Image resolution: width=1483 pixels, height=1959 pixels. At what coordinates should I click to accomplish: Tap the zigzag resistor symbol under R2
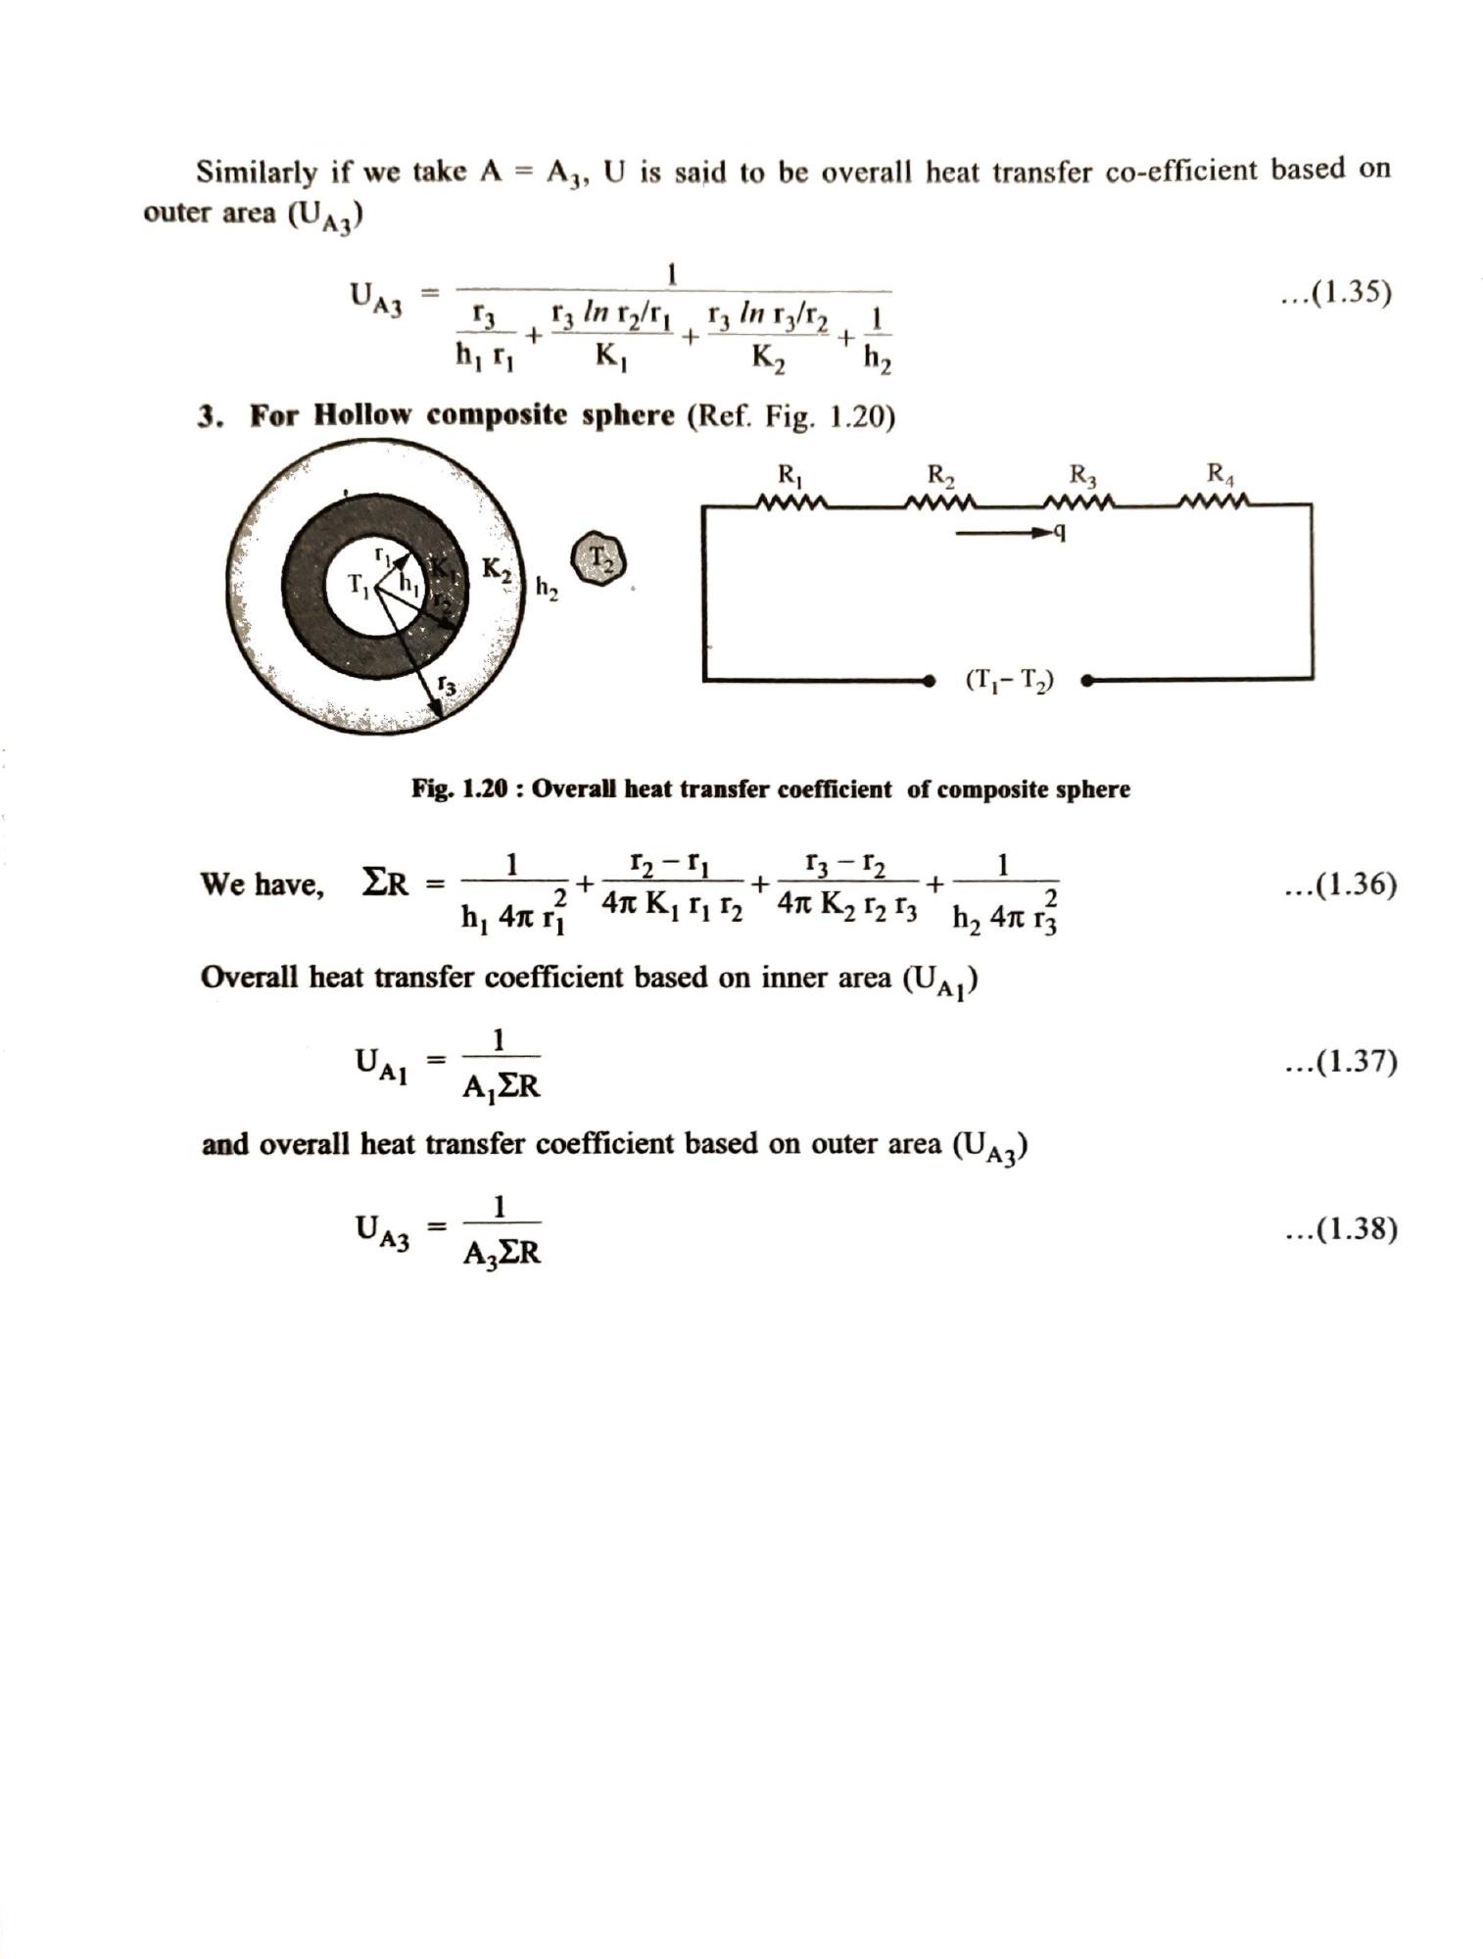[940, 504]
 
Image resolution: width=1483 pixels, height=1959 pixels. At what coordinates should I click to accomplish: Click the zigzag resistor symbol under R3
[1079, 504]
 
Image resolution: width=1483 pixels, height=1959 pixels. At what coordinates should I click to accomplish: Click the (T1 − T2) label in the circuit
[1009, 680]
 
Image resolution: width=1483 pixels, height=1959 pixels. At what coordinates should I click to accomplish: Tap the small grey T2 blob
[597, 559]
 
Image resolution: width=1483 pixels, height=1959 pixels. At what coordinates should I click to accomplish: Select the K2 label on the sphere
[498, 571]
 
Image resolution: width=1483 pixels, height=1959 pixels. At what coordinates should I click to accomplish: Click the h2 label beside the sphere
[547, 588]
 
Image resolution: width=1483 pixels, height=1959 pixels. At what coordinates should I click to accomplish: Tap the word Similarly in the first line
[257, 172]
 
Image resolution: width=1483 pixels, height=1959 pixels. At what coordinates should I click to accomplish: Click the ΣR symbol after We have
[384, 884]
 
